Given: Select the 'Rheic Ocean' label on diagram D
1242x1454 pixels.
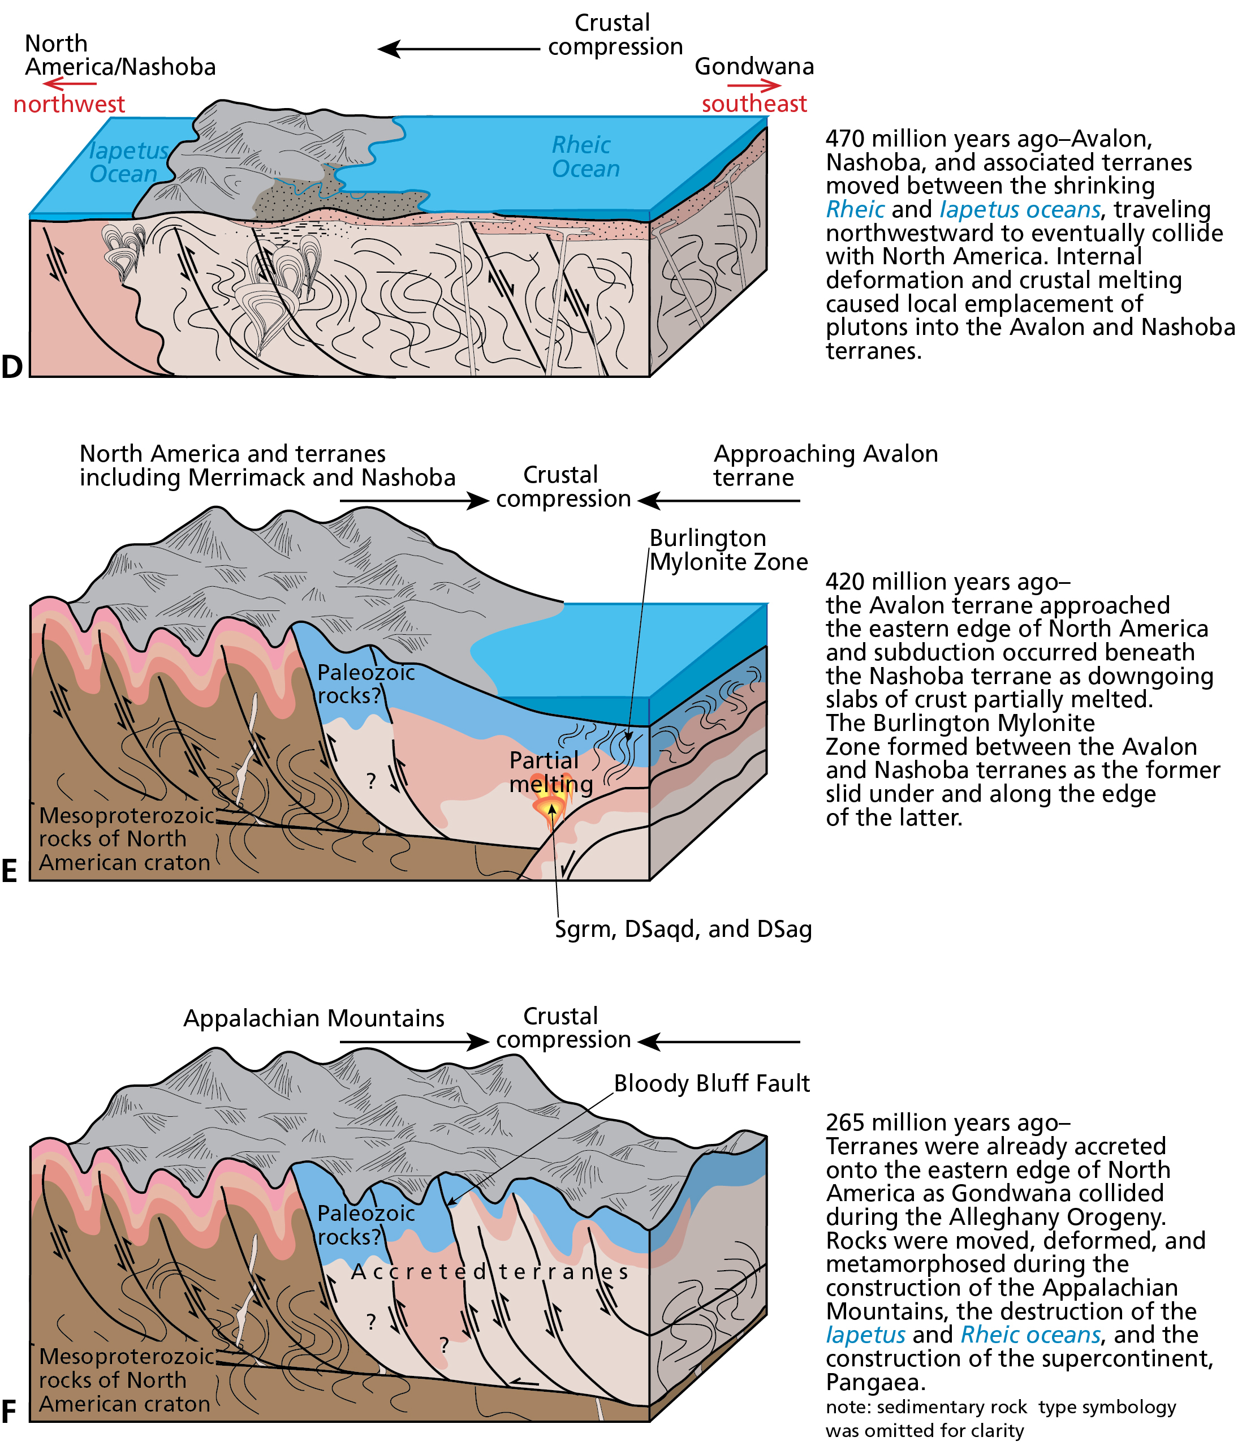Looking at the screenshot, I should [584, 157].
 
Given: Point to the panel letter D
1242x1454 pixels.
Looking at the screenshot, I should [12, 366].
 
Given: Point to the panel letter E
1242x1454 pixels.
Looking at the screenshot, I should [9, 871].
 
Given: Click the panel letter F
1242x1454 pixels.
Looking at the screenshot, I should [9, 1411].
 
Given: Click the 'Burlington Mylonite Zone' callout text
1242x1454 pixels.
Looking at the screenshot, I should [728, 549].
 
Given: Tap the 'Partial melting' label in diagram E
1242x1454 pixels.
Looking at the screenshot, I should [549, 771].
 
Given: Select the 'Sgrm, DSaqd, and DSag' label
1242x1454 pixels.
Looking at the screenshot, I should [683, 929].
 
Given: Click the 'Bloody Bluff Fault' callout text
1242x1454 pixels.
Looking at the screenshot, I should [711, 1083].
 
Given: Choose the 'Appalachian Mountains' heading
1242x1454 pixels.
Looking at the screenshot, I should [314, 1018].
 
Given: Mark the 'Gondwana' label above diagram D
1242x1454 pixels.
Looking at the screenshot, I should [753, 67].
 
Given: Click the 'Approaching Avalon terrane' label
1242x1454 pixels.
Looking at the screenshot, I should [825, 465].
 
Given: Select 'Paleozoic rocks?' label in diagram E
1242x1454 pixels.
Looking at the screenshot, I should [365, 683].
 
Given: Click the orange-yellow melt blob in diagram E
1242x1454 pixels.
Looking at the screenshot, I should [551, 807].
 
